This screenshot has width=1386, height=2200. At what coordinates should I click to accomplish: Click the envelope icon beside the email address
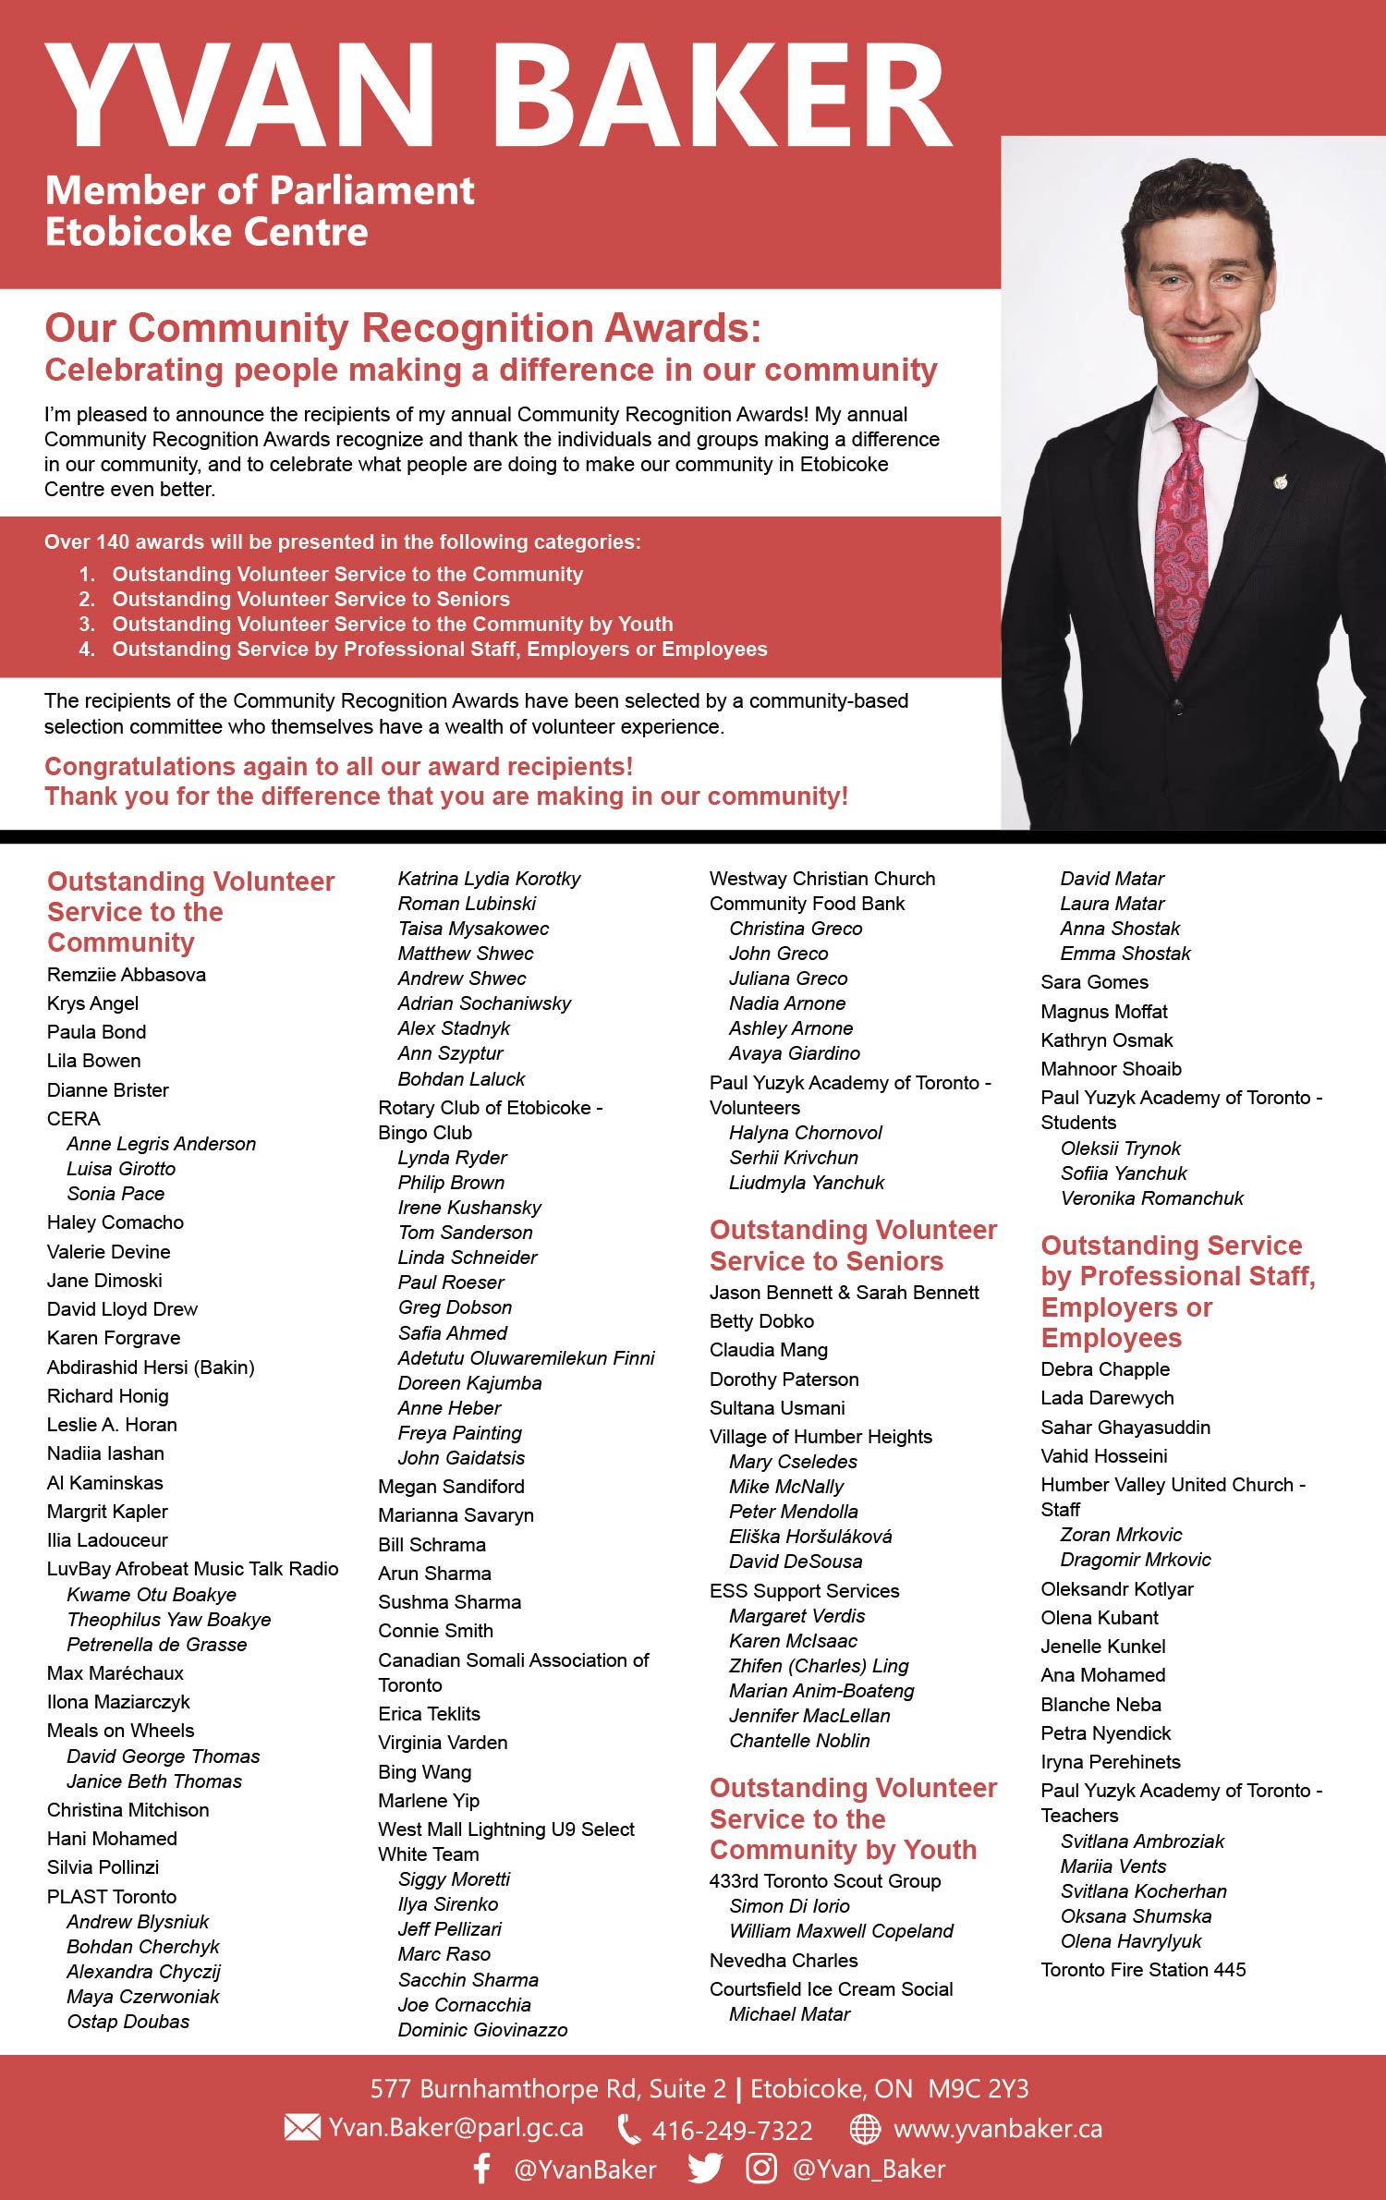[301, 2128]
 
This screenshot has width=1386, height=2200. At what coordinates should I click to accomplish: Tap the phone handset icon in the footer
[628, 2129]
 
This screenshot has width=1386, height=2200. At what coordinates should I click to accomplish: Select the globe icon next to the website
[865, 2129]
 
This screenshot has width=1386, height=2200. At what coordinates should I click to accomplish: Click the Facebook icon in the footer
[481, 2169]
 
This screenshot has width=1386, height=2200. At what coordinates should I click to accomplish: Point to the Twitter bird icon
[705, 2169]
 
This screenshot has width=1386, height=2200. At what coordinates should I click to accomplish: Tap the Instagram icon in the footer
[761, 2169]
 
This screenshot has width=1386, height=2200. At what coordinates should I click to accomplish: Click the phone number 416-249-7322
[732, 2130]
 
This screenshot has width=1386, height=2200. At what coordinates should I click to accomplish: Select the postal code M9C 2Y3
[978, 2089]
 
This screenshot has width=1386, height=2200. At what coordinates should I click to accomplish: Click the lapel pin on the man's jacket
[1280, 481]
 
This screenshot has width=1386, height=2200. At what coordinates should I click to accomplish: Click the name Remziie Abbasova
[127, 975]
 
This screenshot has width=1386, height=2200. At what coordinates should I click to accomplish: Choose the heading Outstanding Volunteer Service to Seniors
[853, 1246]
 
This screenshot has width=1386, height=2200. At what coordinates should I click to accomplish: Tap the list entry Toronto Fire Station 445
[1143, 1969]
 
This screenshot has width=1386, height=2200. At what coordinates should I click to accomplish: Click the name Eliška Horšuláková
[810, 1537]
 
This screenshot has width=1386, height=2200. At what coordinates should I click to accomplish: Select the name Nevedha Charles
[784, 1960]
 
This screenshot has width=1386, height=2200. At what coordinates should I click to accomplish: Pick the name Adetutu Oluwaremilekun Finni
[526, 1358]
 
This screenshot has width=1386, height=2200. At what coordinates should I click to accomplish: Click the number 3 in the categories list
[87, 625]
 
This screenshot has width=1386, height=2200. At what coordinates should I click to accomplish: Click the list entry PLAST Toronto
[112, 1896]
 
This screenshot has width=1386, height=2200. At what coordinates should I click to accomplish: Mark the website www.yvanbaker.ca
[998, 2129]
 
